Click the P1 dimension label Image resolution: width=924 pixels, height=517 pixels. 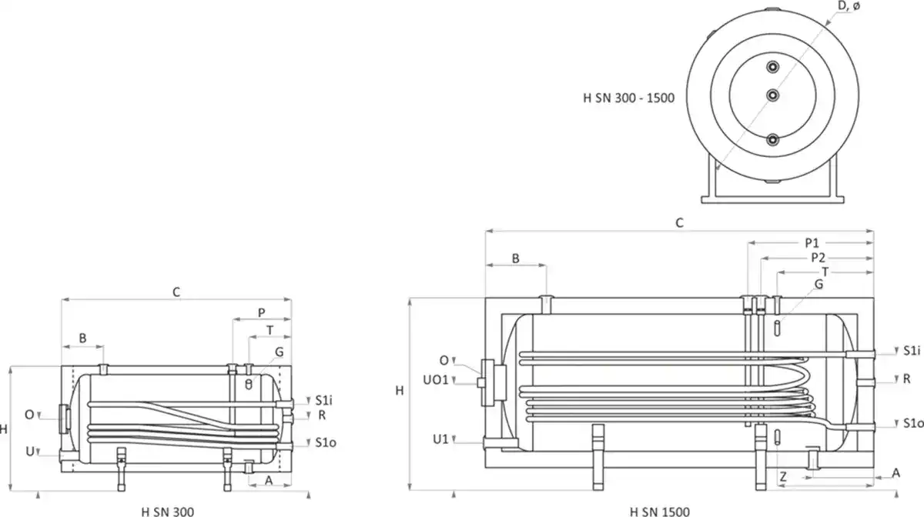click(811, 242)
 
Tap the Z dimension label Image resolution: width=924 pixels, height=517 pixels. click(782, 477)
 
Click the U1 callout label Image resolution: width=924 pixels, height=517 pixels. click(440, 439)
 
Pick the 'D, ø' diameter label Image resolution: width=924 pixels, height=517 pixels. click(850, 7)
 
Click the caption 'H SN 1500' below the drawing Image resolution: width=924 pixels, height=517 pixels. click(659, 511)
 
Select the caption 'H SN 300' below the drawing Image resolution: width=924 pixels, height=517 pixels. click(168, 511)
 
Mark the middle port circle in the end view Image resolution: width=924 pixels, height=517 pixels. click(772, 94)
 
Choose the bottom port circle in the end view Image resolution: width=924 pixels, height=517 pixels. click(772, 139)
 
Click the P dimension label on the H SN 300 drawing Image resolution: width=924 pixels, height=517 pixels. click(262, 313)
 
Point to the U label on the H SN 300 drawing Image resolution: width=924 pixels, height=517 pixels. click(29, 452)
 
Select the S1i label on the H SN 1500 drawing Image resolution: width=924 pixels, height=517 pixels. click(912, 351)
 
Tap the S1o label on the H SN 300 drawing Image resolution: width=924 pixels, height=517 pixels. click(326, 442)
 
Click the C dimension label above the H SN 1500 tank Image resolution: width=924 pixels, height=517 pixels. click(679, 222)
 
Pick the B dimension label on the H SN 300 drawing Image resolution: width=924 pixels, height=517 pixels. click(83, 338)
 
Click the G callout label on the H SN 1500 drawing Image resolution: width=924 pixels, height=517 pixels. click(819, 285)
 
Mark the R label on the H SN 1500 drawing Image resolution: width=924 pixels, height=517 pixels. click(907, 379)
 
